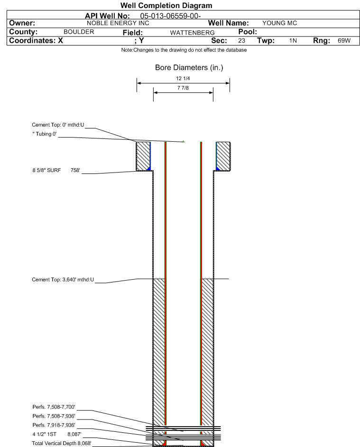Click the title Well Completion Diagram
click(166, 5)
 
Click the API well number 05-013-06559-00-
click(171, 16)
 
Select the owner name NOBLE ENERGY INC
click(118, 23)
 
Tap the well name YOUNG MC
click(279, 23)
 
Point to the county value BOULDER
click(79, 32)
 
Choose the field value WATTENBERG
click(192, 33)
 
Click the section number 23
click(241, 40)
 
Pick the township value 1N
click(293, 40)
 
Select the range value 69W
click(344, 40)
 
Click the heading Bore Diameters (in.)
click(189, 68)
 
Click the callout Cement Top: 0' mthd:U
click(58, 125)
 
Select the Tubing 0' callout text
click(45, 134)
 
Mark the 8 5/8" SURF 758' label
click(56, 171)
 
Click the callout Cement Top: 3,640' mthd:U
click(63, 280)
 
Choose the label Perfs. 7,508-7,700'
click(54, 407)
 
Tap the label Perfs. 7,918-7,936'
click(54, 425)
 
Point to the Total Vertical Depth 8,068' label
click(62, 443)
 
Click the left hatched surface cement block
click(143, 156)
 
